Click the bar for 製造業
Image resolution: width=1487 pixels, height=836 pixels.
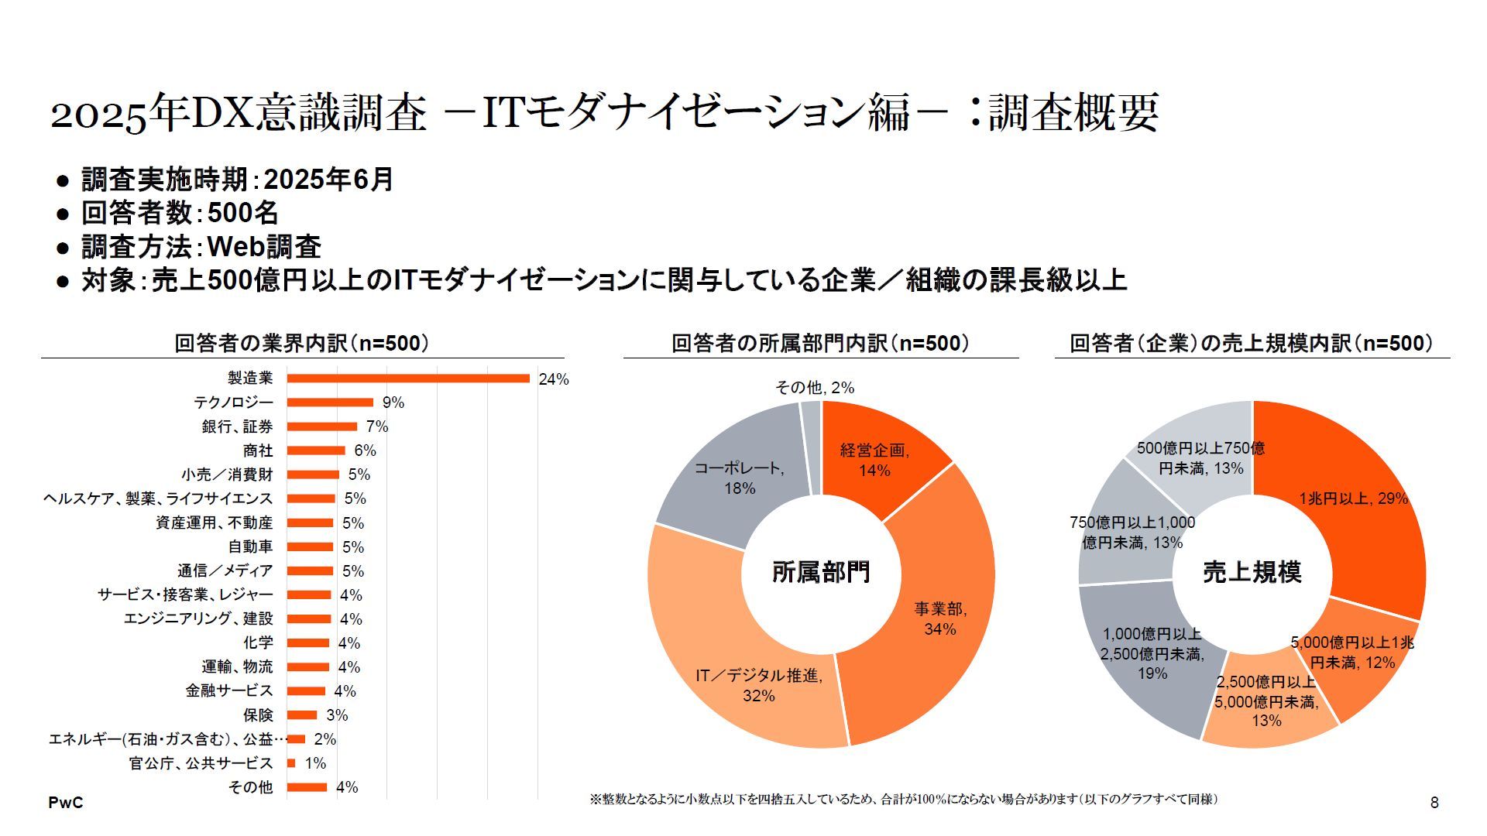click(x=408, y=379)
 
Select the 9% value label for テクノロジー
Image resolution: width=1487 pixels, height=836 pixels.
click(x=393, y=403)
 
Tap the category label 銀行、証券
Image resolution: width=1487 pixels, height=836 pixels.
click(x=237, y=427)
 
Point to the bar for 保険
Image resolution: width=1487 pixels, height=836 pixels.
click(x=302, y=715)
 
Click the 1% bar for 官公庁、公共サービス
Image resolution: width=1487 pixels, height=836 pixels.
click(x=291, y=763)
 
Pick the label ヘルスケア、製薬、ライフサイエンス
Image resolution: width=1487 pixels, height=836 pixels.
click(x=158, y=499)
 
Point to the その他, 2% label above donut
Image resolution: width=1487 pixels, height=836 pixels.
click(x=814, y=387)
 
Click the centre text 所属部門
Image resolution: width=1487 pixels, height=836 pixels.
click(x=821, y=572)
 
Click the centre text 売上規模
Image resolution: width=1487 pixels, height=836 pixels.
click(x=1252, y=572)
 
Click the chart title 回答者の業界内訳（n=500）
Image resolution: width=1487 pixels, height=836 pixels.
click(x=301, y=343)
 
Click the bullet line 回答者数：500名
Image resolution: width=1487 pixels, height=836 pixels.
click(x=180, y=213)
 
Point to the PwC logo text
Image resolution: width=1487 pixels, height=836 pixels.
click(x=65, y=803)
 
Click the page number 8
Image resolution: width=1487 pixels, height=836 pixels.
click(x=1434, y=803)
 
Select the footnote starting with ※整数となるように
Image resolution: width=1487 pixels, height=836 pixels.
click(x=903, y=799)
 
